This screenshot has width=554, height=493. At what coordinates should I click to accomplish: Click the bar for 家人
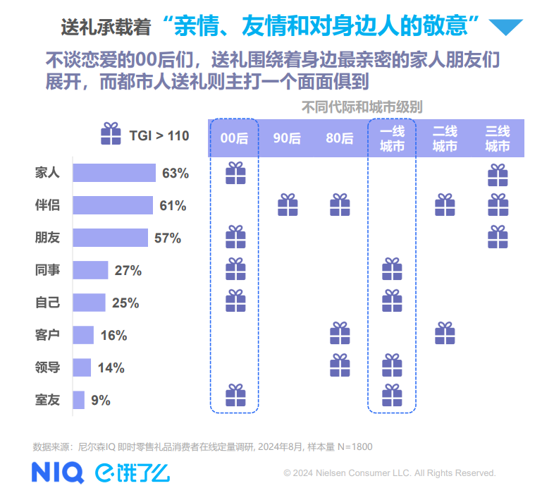tap(114, 173)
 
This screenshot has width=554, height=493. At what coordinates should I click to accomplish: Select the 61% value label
tap(173, 206)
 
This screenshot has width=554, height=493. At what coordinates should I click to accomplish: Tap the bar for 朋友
tap(110, 238)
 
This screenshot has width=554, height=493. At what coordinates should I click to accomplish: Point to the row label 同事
tap(47, 270)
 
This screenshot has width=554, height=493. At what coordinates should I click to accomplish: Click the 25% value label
tap(125, 303)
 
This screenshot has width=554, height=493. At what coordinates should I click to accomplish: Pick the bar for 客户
tap(83, 335)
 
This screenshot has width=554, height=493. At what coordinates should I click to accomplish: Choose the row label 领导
tap(47, 367)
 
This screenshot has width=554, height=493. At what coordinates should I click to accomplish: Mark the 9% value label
tap(101, 401)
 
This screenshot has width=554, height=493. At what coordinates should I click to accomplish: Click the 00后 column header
tap(234, 138)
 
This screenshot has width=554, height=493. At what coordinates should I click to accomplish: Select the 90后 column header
tap(287, 138)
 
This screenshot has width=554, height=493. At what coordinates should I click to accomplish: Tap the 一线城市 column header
tap(392, 138)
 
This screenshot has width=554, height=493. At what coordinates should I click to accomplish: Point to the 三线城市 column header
tap(498, 138)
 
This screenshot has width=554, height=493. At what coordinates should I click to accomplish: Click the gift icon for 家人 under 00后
tap(235, 173)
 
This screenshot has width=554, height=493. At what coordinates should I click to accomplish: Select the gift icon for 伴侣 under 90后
tap(288, 205)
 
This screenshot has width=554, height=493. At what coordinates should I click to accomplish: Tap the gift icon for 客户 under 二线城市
tap(445, 334)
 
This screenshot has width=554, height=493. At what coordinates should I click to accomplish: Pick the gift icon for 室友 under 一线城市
tap(392, 396)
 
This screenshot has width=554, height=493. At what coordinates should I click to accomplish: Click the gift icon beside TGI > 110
tap(111, 134)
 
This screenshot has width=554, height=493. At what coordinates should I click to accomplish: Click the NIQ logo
tap(57, 472)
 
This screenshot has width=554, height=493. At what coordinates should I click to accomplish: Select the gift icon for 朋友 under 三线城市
tap(498, 237)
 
